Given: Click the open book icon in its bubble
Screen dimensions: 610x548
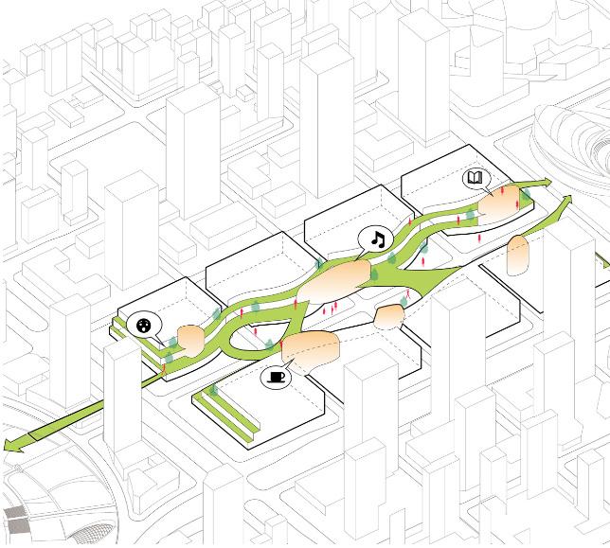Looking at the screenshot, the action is [475, 179].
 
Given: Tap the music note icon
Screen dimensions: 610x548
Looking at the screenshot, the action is [378, 239].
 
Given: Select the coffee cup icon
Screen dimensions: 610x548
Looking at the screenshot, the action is [276, 377].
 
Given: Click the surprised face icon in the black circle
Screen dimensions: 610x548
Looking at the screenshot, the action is [144, 326].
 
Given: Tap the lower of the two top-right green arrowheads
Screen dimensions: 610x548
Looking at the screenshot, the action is [567, 202].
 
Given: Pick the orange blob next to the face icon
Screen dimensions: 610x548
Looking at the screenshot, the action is [190, 339].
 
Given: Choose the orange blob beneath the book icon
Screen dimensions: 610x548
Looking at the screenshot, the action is [499, 205].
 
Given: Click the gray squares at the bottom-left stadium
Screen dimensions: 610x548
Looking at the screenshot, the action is [16, 520].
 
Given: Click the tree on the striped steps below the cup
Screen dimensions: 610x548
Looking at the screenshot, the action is [215, 388].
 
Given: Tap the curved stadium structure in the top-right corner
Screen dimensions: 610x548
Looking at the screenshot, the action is [573, 137].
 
